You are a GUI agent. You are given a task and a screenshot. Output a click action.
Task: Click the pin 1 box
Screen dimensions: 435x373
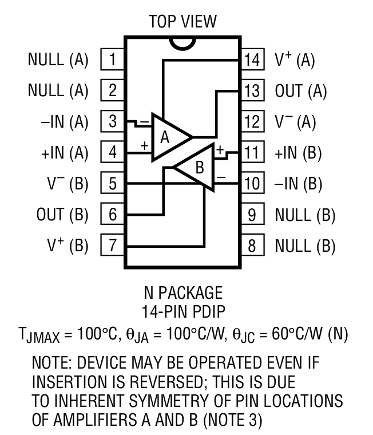[x=113, y=60]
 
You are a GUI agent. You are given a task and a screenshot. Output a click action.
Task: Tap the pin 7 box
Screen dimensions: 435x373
[x=113, y=246]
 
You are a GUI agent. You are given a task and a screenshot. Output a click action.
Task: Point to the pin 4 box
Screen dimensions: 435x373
[x=113, y=153]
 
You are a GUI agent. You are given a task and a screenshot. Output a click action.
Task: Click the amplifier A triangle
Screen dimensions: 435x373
[x=169, y=137]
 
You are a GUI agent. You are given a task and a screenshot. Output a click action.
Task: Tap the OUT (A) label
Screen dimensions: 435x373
[x=300, y=91]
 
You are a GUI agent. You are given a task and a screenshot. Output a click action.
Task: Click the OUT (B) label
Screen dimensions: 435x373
[x=62, y=215]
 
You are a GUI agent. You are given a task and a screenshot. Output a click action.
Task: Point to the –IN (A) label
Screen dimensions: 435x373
[x=58, y=122]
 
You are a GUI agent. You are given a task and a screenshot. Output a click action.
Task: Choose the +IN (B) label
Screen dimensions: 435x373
[x=299, y=153]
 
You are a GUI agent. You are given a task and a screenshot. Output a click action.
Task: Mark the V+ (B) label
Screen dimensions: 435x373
[x=67, y=246]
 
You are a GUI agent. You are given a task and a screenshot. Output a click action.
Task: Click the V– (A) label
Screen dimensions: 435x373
[x=295, y=122]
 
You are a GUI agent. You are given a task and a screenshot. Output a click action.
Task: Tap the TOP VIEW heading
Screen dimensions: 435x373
[x=183, y=22]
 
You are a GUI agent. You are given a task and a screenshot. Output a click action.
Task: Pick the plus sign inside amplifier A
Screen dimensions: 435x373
[x=144, y=145]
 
